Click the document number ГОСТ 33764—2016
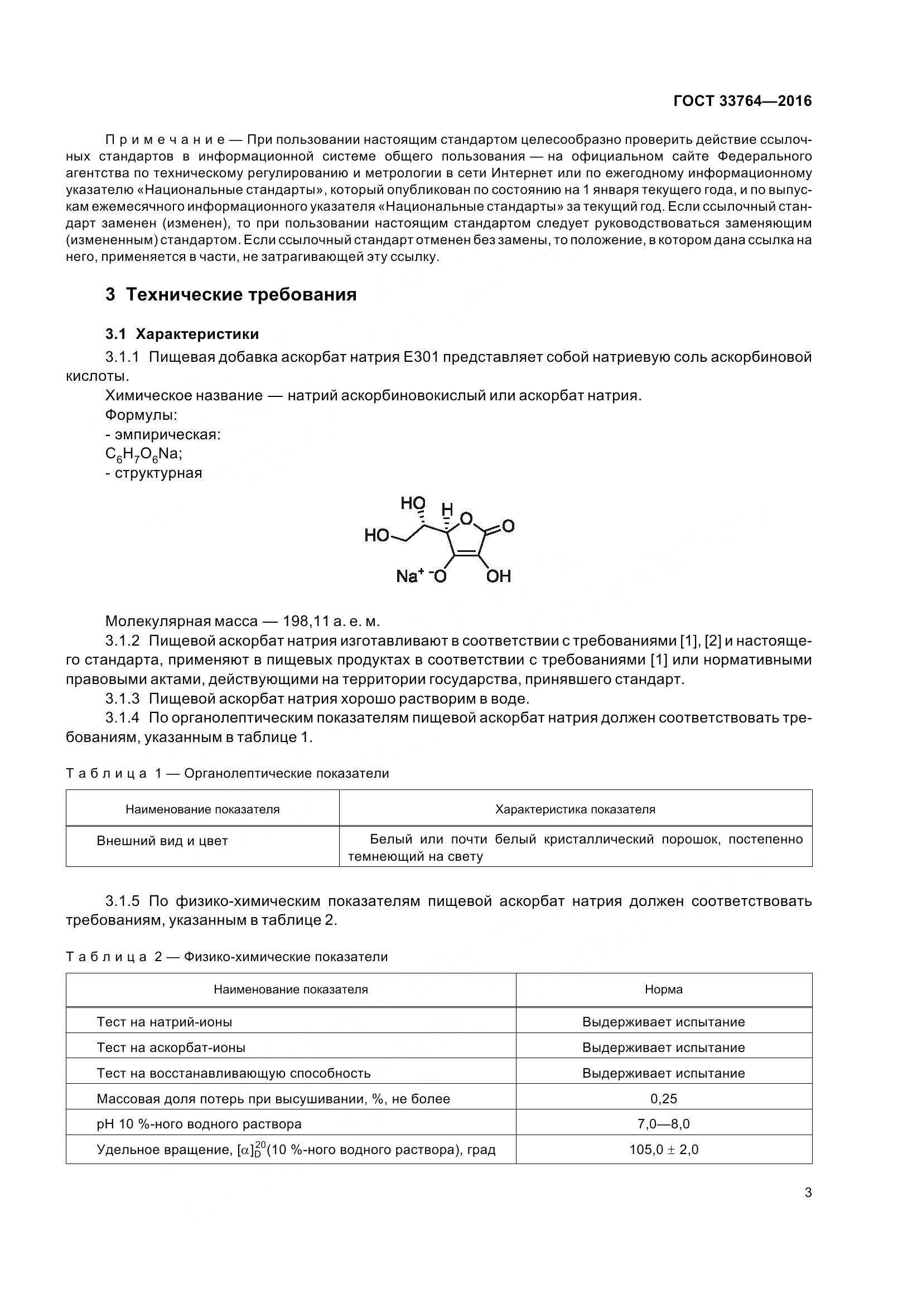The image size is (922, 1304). [742, 101]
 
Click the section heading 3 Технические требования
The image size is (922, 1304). [231, 295]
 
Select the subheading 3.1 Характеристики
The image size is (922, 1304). [182, 334]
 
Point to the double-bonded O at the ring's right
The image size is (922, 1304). [509, 526]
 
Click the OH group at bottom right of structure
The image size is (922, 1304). [499, 576]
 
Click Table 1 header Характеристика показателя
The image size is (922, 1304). [575, 809]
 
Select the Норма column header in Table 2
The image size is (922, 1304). [664, 990]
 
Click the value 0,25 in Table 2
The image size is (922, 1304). [664, 1099]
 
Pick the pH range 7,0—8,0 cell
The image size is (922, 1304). [664, 1124]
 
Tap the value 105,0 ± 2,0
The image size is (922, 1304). [664, 1150]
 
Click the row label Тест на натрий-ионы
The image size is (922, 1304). [164, 1022]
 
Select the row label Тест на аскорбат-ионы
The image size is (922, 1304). [171, 1048]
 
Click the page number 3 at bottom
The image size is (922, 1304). [808, 1193]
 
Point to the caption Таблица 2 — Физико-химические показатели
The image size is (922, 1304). [226, 957]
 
